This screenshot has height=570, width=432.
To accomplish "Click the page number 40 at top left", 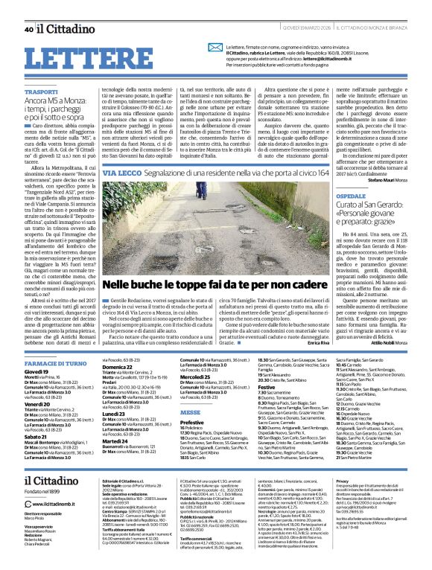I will (x=28, y=29).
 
